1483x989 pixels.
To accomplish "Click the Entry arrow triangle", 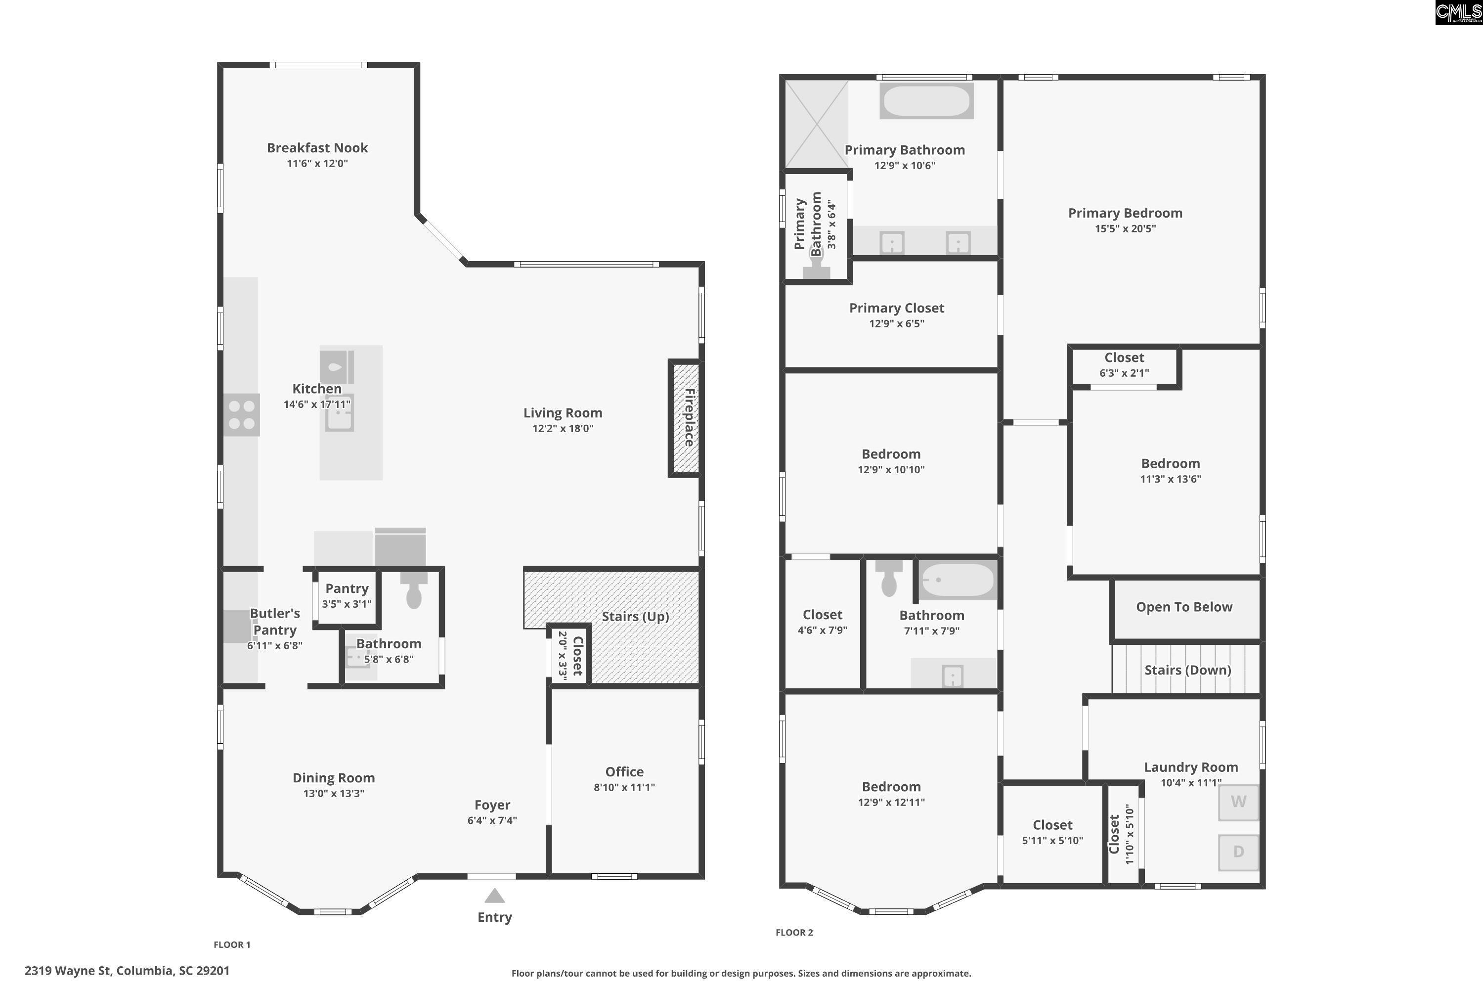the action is (494, 896).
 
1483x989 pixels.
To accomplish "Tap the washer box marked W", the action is (1238, 802).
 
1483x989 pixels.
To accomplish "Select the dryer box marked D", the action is (1238, 852).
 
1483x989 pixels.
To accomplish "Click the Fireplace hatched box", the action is (685, 417).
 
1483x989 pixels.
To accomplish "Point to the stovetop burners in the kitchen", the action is (242, 415).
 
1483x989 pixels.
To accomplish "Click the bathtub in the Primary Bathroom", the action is (926, 100).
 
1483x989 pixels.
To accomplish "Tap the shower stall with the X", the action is (817, 124).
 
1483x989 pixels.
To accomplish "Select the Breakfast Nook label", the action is (317, 147).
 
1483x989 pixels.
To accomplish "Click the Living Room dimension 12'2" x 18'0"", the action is (563, 429).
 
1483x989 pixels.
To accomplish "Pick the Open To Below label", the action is (1184, 607).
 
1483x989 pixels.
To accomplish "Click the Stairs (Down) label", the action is (1188, 670).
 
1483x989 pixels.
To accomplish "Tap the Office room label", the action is (624, 771).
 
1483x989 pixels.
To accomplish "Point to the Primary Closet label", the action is (897, 308).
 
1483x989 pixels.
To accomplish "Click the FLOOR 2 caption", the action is (794, 932).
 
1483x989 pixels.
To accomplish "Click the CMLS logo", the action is (1458, 13).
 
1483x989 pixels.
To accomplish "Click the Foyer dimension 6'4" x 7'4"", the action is (492, 820).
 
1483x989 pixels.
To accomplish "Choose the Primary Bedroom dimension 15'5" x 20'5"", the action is (1125, 229).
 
